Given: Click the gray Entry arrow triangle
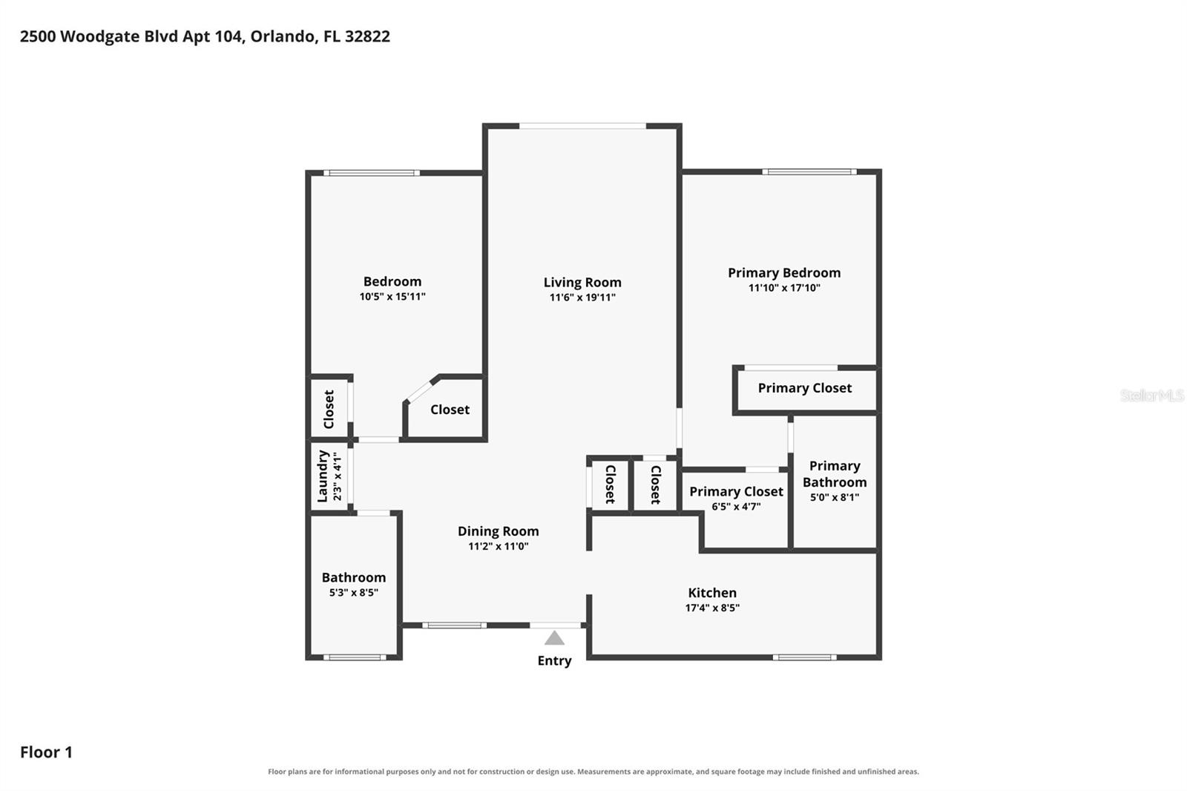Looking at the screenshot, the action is tap(554, 638).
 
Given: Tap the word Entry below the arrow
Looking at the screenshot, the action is tap(554, 660).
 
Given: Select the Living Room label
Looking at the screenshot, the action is tap(582, 283).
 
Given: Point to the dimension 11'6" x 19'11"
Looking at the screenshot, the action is tap(582, 298).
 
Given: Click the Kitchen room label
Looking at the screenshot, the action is tap(712, 593).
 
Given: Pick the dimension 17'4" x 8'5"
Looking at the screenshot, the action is tap(712, 608).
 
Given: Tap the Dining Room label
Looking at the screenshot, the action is tap(498, 531).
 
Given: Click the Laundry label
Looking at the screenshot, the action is tap(323, 476).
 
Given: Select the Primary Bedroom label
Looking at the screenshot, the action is tap(784, 273).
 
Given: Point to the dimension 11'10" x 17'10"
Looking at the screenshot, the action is tap(784, 288).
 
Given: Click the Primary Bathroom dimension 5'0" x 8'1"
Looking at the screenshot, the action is tap(835, 497).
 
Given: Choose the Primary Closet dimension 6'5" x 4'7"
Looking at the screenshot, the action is tap(736, 506).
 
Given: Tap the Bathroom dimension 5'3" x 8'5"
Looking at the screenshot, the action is tap(353, 592).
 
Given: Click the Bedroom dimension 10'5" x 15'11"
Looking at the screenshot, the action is tap(392, 296).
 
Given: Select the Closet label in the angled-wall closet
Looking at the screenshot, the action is tap(450, 410).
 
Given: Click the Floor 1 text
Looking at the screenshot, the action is tap(46, 752).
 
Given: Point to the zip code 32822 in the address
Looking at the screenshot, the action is tap(367, 36).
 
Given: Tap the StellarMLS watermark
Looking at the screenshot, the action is tap(1152, 395).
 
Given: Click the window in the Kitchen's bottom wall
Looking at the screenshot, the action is tap(804, 657).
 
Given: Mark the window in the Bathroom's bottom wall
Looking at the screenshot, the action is tap(355, 657).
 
